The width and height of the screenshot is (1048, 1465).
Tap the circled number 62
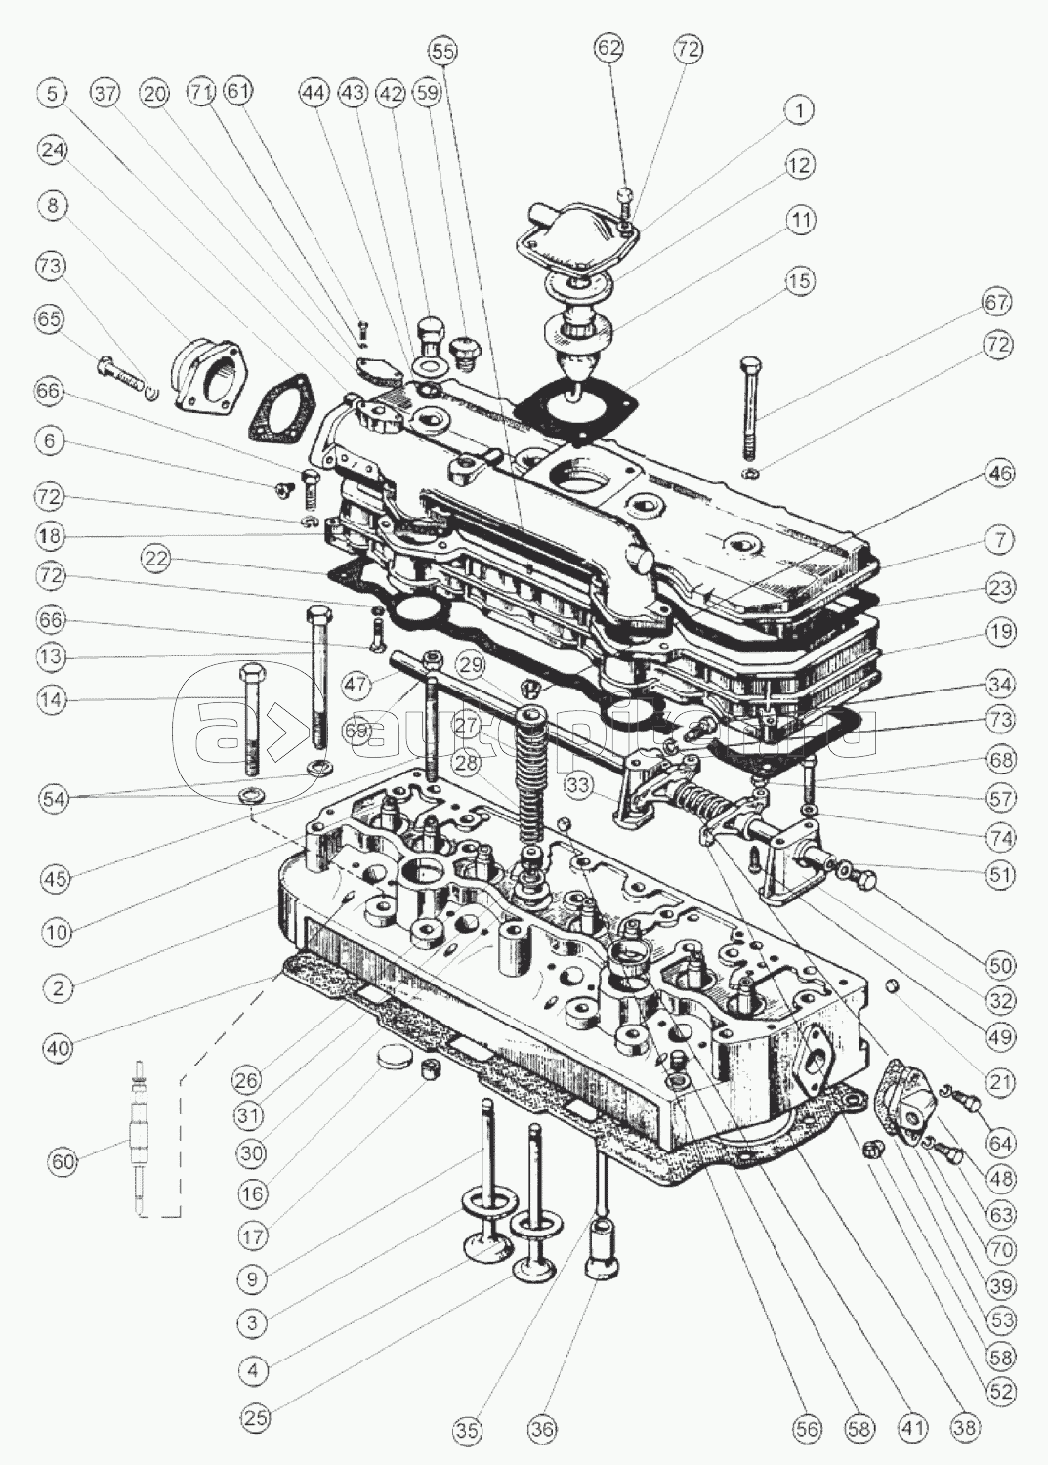pyautogui.click(x=609, y=48)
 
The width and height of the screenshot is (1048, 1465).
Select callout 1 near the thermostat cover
pyautogui.click(x=799, y=110)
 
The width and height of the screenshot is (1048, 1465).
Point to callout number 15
pyautogui.click(x=799, y=281)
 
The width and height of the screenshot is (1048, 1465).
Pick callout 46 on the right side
pyautogui.click(x=999, y=474)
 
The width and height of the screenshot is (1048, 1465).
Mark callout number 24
pyautogui.click(x=53, y=150)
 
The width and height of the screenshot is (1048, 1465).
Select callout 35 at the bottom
pyautogui.click(x=468, y=1431)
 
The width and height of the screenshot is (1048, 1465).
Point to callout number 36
pyautogui.click(x=544, y=1431)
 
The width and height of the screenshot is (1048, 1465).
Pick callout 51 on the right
pyautogui.click(x=999, y=874)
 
